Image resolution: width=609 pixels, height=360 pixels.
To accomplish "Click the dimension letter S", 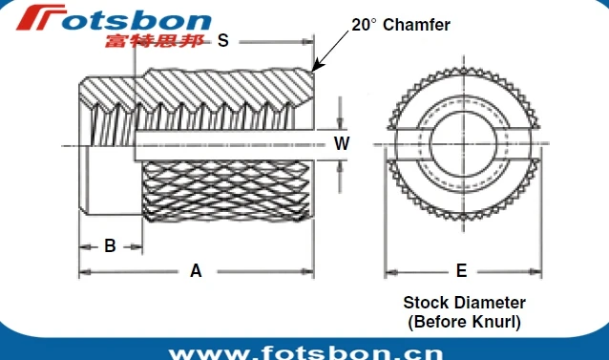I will tap(223, 40).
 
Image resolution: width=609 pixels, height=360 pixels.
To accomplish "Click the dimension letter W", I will tap(341, 144).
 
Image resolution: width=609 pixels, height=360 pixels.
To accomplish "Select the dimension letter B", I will tap(110, 245).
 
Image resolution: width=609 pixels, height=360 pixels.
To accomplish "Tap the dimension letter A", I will tap(196, 271).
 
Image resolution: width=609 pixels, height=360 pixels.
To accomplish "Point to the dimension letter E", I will tap(461, 271).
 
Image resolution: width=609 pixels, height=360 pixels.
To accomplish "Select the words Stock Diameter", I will tap(464, 303).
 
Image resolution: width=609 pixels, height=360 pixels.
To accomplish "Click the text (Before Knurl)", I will tap(464, 322).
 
